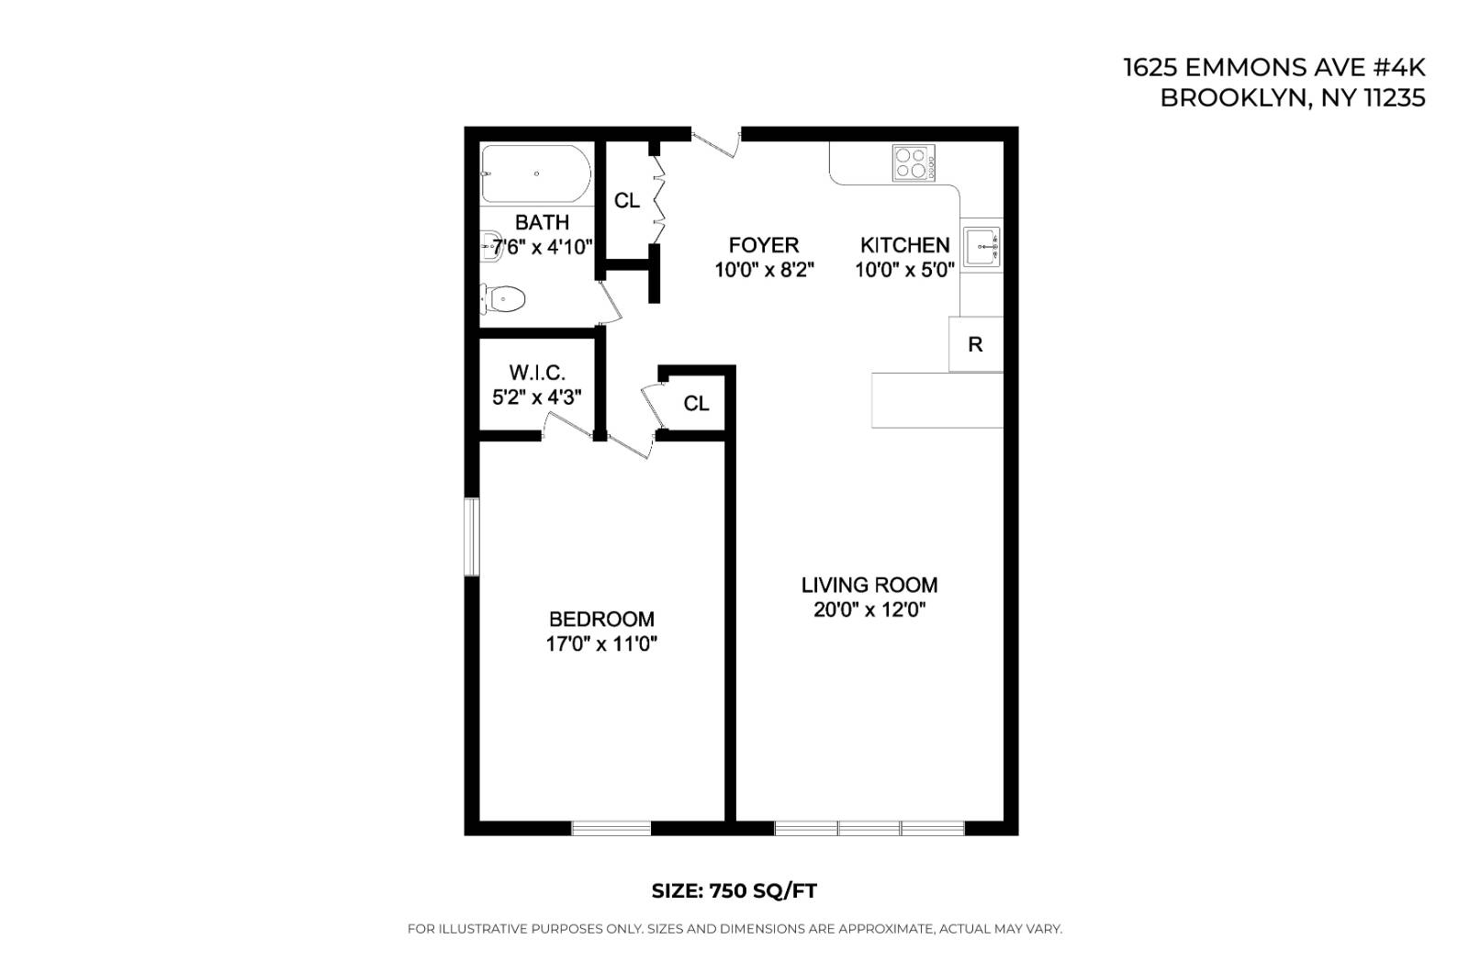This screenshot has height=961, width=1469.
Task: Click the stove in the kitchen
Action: tap(914, 162)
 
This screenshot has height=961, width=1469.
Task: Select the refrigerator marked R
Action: tap(975, 344)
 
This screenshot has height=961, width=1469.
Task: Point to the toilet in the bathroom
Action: tap(504, 298)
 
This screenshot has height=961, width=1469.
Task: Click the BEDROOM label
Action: tap(601, 619)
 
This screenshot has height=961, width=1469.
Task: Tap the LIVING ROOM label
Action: tap(869, 585)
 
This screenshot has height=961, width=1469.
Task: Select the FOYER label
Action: tap(764, 245)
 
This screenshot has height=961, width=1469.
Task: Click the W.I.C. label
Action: tap(537, 373)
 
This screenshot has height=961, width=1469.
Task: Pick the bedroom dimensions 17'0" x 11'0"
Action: tap(601, 644)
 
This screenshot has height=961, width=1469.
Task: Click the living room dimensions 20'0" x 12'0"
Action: tap(869, 610)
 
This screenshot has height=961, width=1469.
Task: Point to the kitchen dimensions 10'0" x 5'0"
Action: tap(905, 270)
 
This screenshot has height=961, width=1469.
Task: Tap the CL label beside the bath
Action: tap(627, 200)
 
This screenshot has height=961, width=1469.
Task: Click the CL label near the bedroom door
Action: tap(696, 404)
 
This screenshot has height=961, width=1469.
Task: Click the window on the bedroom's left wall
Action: tap(471, 537)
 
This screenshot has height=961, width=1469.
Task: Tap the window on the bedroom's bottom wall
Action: tap(611, 828)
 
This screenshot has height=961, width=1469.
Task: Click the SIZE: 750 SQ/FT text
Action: tap(734, 890)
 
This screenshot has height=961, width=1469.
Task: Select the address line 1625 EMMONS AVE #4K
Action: tap(1274, 68)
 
